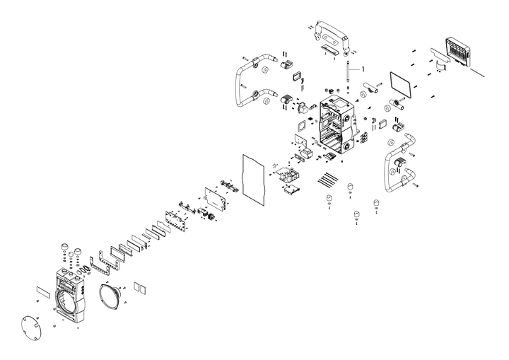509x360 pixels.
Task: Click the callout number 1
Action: (363, 69)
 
